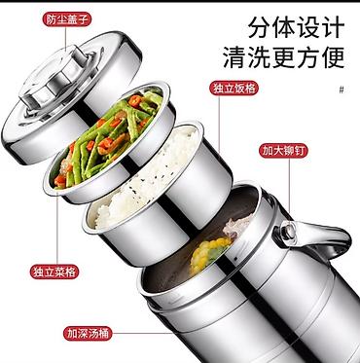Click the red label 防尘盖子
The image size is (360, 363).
[67, 19]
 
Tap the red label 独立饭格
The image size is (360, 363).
[234, 88]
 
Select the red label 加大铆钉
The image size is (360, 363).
[283, 151]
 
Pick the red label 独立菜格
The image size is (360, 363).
[54, 272]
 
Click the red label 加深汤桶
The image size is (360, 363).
[88, 333]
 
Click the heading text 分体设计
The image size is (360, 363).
[296, 28]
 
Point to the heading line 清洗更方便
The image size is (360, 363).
[284, 57]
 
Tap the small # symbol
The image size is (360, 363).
[342, 90]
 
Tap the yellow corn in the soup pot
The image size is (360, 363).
[209, 254]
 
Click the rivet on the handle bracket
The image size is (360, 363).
[287, 232]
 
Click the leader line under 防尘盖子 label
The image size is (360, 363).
[65, 39]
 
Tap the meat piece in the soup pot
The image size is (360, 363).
[236, 223]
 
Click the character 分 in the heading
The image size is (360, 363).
[260, 28]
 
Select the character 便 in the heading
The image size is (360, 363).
[333, 57]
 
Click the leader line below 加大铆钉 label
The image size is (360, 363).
[289, 186]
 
